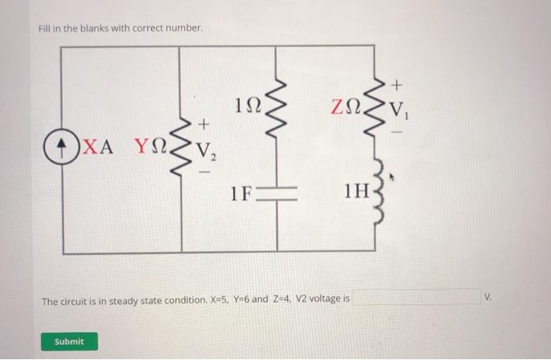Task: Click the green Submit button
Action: (69, 341)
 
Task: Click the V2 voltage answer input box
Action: (416, 297)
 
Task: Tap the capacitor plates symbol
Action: (278, 193)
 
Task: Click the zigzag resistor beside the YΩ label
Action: (183, 147)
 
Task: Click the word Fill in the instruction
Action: (45, 29)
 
